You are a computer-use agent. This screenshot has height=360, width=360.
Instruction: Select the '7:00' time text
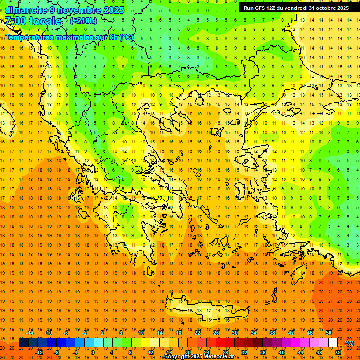click(x=15, y=21)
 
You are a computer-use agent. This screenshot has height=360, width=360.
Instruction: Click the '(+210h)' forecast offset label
click(x=83, y=21)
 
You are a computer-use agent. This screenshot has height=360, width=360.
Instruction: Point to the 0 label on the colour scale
click(x=92, y=352)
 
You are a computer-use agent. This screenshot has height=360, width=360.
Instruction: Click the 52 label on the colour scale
click(x=337, y=352)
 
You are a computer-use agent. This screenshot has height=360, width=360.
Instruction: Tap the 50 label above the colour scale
click(x=329, y=333)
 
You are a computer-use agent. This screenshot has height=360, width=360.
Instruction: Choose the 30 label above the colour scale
click(x=234, y=333)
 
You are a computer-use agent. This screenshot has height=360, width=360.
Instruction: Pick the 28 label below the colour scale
click(x=225, y=352)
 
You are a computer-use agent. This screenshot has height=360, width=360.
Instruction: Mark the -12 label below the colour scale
click(x=39, y=352)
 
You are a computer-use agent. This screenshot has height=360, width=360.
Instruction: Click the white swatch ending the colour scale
click(x=333, y=343)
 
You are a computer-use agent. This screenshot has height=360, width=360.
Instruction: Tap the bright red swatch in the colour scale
click(x=220, y=343)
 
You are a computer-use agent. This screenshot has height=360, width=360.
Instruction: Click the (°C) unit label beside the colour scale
click(x=349, y=343)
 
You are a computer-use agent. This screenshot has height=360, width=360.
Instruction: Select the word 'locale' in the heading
click(x=45, y=21)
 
